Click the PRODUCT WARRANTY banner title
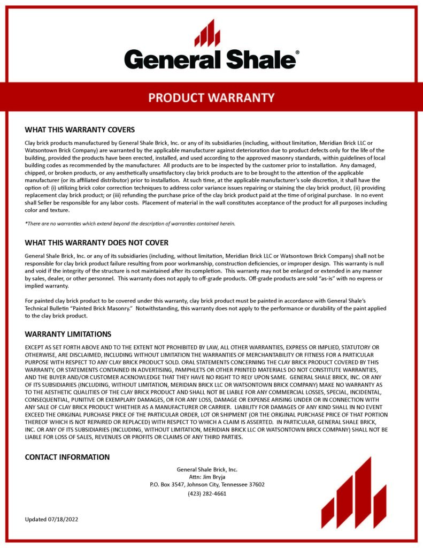click(211, 98)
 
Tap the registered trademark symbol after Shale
click(297, 53)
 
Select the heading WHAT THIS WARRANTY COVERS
click(80, 130)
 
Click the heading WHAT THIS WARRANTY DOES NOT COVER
click(96, 242)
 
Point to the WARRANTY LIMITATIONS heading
click(68, 334)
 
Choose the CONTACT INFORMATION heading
click(67, 457)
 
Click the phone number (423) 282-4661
click(207, 493)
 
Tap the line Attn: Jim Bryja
click(207, 477)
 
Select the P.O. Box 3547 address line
click(207, 485)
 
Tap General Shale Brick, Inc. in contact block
click(207, 469)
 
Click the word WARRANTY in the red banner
click(245, 98)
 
